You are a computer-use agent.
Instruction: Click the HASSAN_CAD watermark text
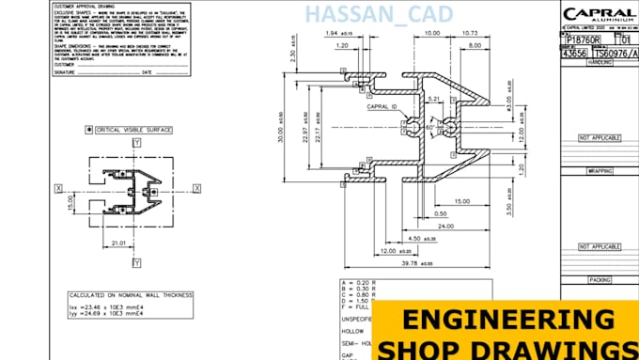pos(380,14)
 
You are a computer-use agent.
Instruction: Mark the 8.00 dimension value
pos(475,44)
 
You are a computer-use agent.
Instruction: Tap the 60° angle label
pos(430,125)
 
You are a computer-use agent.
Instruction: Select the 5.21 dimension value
pos(433,98)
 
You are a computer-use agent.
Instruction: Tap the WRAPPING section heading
pos(600,171)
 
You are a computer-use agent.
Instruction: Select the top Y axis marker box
pos(136,143)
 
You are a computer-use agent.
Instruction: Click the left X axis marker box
pos(59,188)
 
